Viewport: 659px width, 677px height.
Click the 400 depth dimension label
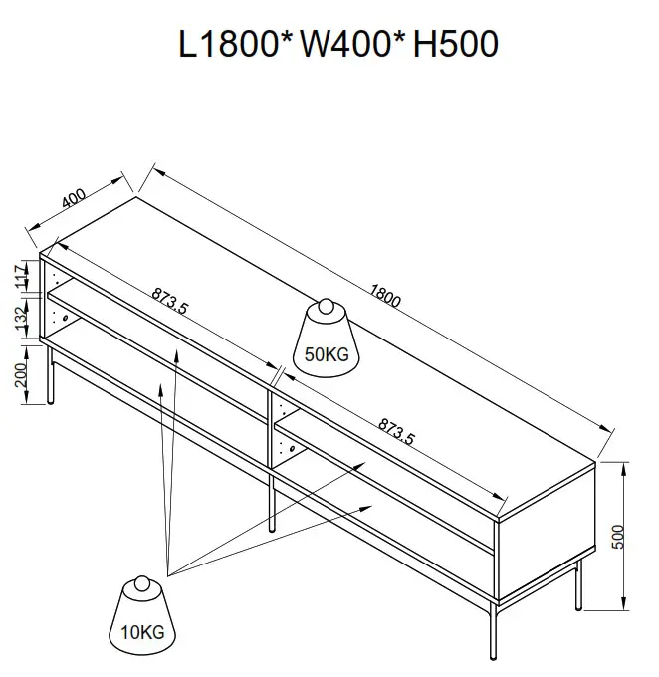(x=74, y=198)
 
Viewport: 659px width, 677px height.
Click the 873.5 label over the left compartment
(x=170, y=300)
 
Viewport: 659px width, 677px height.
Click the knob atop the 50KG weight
(x=325, y=308)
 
